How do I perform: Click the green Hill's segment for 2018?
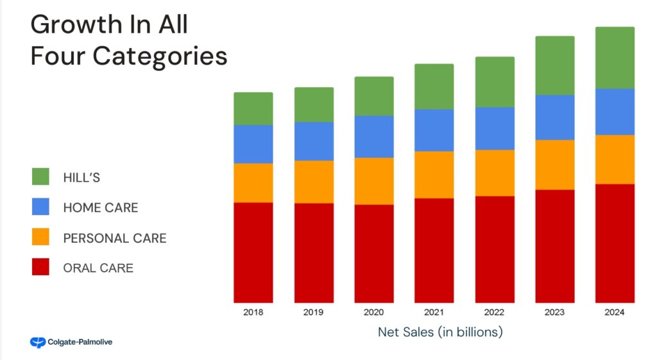253,108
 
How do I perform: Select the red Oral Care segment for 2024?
615,243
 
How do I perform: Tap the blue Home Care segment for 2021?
434,130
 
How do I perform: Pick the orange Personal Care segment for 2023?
555,165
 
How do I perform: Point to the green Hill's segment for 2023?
555,65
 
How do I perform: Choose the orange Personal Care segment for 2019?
314,182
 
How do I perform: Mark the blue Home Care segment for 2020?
374,137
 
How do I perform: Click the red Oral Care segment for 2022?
495,249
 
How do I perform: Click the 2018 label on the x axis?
253,313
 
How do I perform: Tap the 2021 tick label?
434,313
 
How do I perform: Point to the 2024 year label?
615,313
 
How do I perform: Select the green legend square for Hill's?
40,176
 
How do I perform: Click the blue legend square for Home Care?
40,207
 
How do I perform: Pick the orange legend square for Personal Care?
40,237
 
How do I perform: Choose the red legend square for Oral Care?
40,267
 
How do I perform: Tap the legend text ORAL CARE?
98,268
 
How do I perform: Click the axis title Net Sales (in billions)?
440,332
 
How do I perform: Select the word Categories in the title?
160,56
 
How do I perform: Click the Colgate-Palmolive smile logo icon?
37,343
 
